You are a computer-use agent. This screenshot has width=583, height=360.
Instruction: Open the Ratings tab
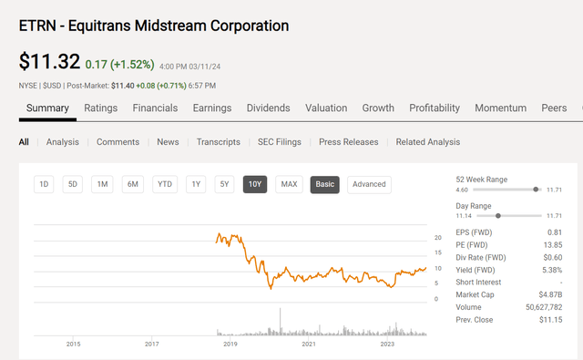click(100, 108)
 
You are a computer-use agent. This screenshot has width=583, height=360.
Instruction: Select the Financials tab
click(155, 108)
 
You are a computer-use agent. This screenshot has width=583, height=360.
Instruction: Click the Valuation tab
click(326, 108)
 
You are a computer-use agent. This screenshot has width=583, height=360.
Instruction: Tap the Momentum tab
click(500, 108)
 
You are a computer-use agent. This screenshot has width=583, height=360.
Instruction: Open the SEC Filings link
click(280, 142)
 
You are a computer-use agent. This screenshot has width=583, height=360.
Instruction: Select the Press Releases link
click(347, 142)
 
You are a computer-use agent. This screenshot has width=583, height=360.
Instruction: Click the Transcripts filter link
click(218, 142)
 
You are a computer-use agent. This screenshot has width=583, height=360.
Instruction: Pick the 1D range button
click(44, 184)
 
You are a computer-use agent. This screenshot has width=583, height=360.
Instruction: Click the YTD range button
click(164, 184)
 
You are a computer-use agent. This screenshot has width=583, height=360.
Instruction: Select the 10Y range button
click(255, 184)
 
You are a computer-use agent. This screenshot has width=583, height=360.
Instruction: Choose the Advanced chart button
click(369, 184)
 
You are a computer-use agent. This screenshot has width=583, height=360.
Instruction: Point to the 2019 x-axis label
click(230, 344)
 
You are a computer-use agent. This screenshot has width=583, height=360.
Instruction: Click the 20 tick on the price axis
click(437, 237)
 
